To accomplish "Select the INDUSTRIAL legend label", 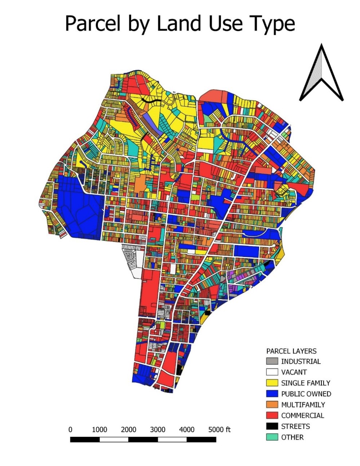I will pos(301,362).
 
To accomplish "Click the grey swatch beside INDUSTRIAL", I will pos(272,362).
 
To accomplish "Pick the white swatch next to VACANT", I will pos(272,372).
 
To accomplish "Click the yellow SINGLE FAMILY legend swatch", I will pos(272,383).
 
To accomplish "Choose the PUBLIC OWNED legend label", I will pos(306,394).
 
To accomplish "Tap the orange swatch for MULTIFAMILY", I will pos(272,404).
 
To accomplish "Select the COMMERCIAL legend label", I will pos(302,415).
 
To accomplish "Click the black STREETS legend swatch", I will pos(272,426).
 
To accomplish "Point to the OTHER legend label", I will pos(292,437).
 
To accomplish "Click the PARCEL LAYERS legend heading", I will pos(291,351).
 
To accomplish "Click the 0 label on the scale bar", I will pos(70,430).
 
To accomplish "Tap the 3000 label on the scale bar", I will pos(158,430).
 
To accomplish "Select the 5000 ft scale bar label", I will pos(219,430).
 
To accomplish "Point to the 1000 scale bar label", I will pos(99,430).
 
